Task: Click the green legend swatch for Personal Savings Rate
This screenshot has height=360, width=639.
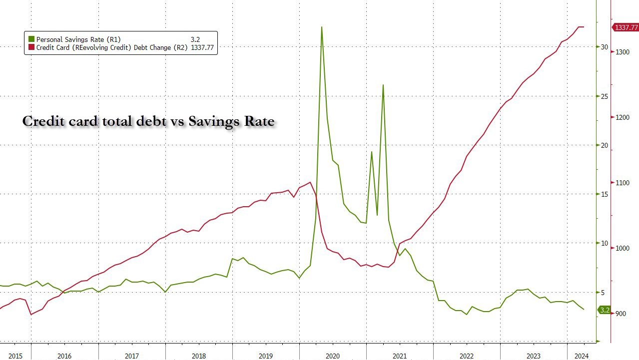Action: (x=31, y=39)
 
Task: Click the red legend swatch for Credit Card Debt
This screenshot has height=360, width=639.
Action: (x=31, y=47)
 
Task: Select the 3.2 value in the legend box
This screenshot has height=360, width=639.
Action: (x=195, y=39)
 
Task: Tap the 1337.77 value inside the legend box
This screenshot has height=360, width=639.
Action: (x=202, y=47)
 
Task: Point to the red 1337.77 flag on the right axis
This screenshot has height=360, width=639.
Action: (x=626, y=27)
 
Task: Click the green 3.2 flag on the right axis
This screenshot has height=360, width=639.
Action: (x=605, y=310)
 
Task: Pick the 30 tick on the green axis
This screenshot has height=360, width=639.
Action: (x=605, y=47)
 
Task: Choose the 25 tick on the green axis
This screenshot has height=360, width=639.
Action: (x=605, y=96)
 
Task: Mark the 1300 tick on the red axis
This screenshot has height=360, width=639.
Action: (x=623, y=52)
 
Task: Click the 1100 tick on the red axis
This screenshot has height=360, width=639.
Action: (x=623, y=183)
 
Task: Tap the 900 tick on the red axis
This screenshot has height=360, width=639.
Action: (x=621, y=314)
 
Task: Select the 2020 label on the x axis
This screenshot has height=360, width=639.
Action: (x=333, y=356)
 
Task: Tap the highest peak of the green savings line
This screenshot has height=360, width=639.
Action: (x=321, y=27)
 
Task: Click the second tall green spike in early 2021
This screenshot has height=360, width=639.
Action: (x=383, y=85)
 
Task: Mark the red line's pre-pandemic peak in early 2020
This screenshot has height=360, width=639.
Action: (x=311, y=182)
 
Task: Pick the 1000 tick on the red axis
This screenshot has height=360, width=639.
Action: (x=623, y=248)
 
